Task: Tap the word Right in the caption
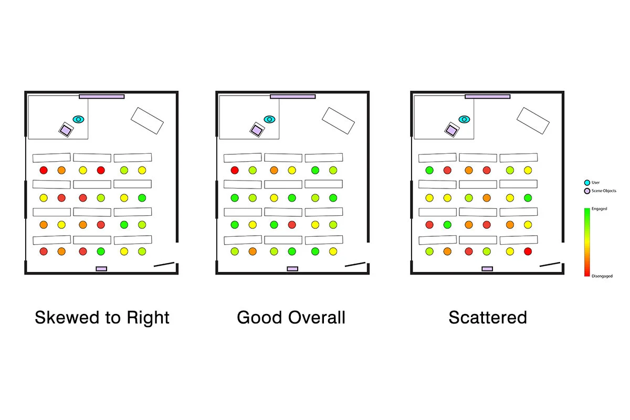click(146, 318)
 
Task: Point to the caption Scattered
click(487, 318)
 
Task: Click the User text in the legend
click(595, 183)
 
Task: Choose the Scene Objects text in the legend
click(604, 191)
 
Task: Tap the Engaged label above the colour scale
click(599, 209)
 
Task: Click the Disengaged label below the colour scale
click(602, 276)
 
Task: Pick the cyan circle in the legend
click(587, 183)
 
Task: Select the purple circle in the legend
click(587, 191)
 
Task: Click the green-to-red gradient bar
click(587, 242)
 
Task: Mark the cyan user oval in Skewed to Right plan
click(79, 120)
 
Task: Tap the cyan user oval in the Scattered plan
click(464, 120)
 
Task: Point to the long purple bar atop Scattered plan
click(487, 97)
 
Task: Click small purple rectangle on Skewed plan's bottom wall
click(101, 269)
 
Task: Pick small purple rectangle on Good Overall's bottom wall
click(292, 269)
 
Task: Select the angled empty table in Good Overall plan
click(338, 120)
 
